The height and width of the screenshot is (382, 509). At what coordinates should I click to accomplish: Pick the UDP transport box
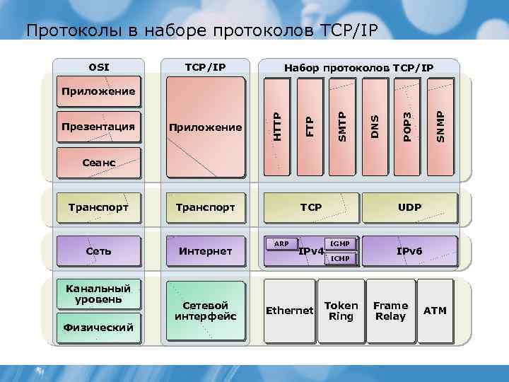[409, 207]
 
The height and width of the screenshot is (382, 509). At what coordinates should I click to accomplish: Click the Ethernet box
[288, 311]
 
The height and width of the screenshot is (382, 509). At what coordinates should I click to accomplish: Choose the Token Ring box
[341, 311]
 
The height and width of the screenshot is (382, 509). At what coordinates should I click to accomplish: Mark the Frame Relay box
[390, 311]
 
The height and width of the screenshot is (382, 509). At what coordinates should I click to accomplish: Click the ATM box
[435, 311]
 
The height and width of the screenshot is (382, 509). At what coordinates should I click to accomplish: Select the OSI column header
[99, 68]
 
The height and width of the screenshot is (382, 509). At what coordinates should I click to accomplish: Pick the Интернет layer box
[205, 251]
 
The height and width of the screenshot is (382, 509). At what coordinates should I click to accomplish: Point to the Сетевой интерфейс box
[205, 311]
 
